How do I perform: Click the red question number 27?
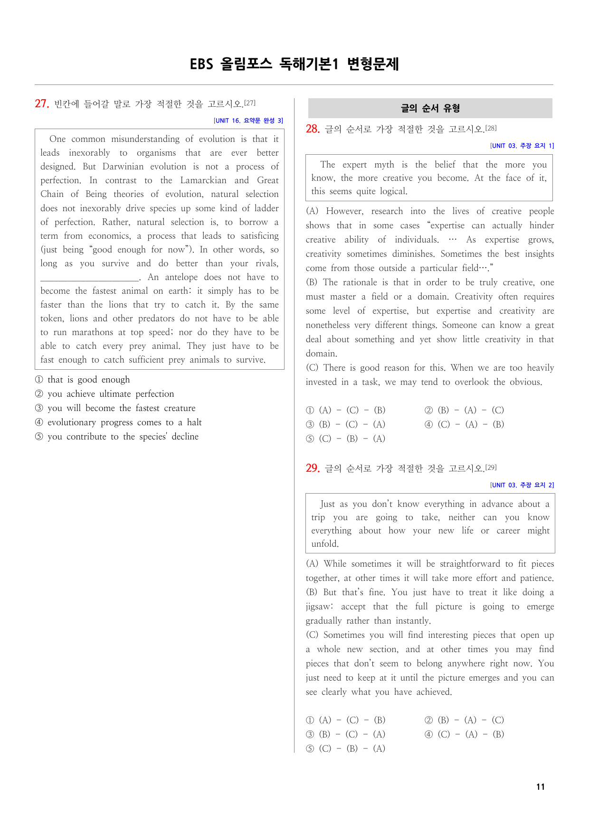[x=42, y=103]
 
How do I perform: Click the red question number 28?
[x=313, y=129]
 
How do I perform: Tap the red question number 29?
[x=313, y=468]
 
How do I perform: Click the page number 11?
[x=541, y=786]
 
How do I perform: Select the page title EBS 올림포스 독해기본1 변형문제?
[x=294, y=64]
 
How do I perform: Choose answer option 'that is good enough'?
[x=88, y=380]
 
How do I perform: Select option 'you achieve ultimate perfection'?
[x=111, y=394]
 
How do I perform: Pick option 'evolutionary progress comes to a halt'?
[x=124, y=422]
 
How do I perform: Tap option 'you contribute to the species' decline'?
[x=123, y=437]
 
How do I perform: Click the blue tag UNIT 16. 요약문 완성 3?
[x=248, y=121]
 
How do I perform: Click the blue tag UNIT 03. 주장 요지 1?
[x=522, y=146]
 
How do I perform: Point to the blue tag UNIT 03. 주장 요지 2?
[x=522, y=485]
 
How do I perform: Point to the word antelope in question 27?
[x=181, y=277]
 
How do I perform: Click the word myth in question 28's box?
[x=384, y=165]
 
